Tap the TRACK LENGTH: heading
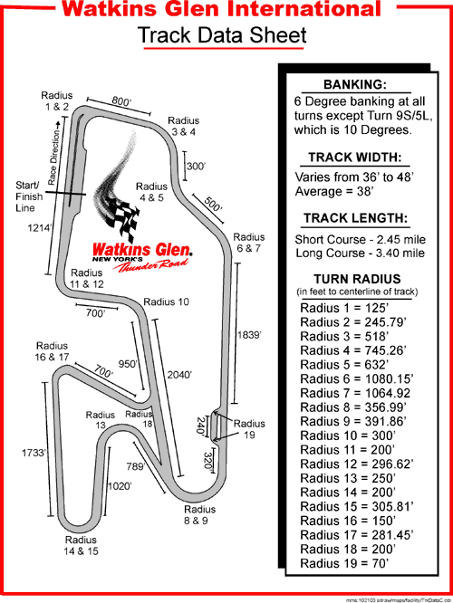[354, 218]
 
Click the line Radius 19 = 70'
[345, 564]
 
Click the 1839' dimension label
[248, 335]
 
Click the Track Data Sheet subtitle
[221, 36]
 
